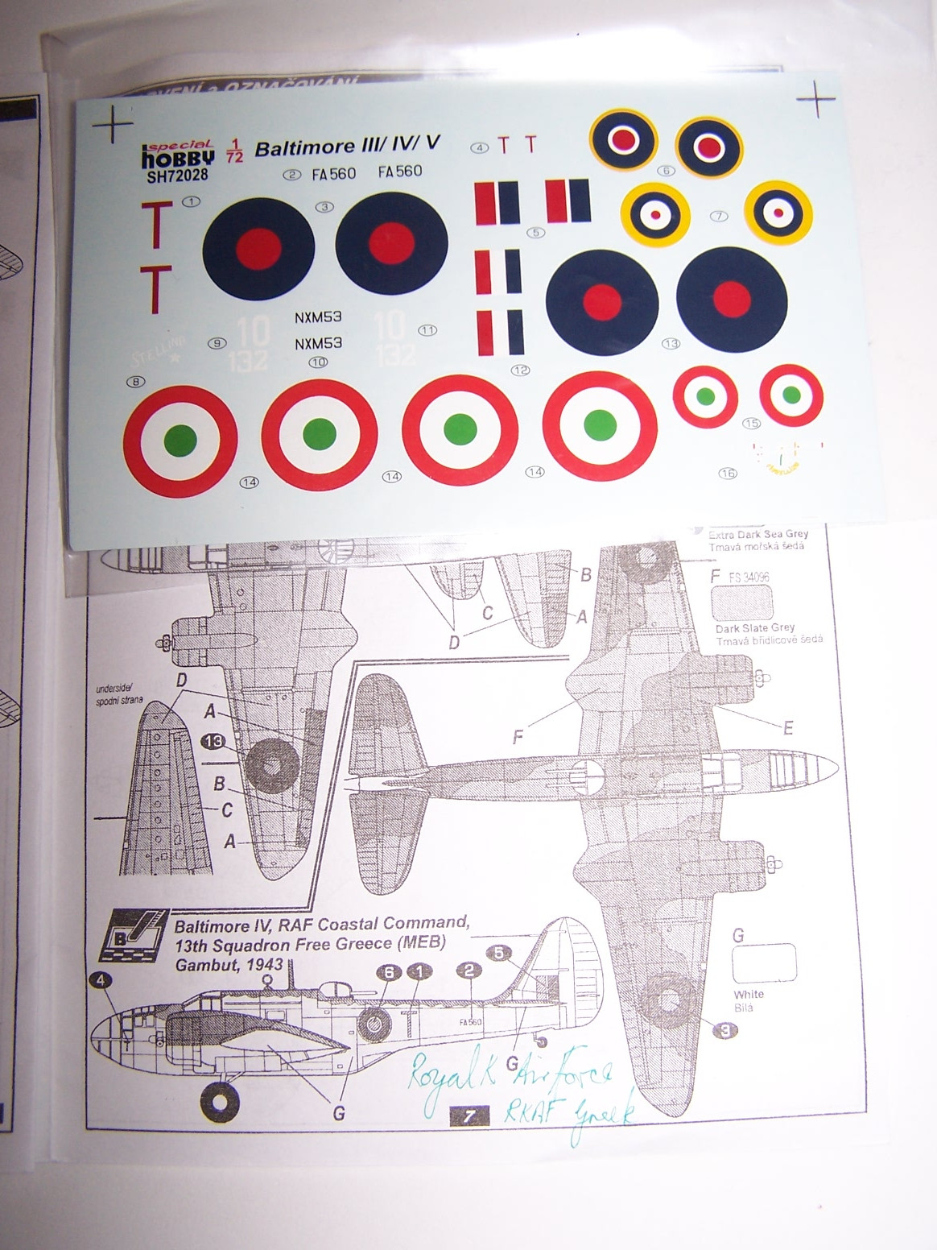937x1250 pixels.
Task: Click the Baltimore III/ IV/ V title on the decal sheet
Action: [x=348, y=147]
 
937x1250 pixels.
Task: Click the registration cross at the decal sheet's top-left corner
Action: [x=112, y=126]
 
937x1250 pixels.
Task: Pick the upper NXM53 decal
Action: [x=318, y=317]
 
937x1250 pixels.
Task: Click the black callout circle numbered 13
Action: [x=214, y=741]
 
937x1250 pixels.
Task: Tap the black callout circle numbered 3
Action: [x=724, y=1029]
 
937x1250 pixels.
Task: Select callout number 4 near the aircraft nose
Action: [x=101, y=980]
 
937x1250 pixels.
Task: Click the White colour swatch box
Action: [x=764, y=963]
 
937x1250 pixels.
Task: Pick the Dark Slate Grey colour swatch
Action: [x=742, y=602]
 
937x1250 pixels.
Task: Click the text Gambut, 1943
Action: [x=229, y=964]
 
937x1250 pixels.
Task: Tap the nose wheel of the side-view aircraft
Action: [x=220, y=1103]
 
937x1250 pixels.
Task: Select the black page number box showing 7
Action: [x=469, y=1116]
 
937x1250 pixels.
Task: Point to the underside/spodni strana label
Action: [x=119, y=695]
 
